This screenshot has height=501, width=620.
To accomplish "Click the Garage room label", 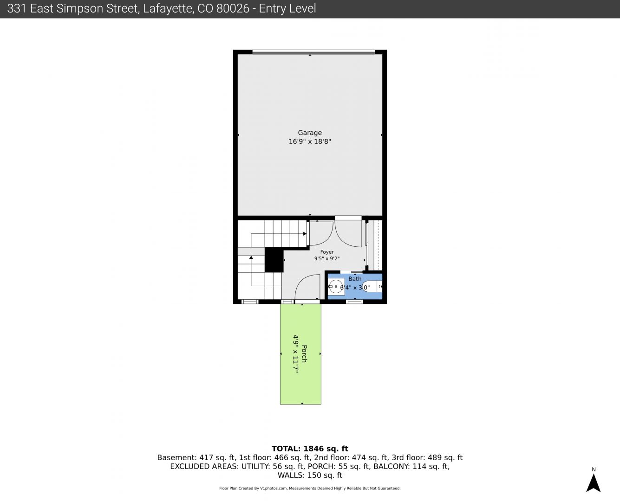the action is tap(310, 133).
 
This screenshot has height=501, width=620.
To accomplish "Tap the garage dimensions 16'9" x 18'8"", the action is tap(310, 141).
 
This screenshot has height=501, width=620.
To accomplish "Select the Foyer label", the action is tap(327, 252).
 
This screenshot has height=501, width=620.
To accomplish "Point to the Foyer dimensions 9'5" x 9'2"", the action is tap(327, 258).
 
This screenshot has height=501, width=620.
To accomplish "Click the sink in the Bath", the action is tap(336, 287).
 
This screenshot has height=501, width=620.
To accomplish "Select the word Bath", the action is tap(355, 278).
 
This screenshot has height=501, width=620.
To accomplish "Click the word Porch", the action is tap(304, 354).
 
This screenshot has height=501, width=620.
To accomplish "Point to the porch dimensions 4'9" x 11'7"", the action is tap(296, 354).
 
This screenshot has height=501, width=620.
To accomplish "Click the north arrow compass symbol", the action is tap(593, 483).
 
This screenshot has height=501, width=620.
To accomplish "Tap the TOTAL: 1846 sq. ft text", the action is tap(310, 449).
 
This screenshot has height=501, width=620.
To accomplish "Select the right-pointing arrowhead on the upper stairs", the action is tap(305, 234).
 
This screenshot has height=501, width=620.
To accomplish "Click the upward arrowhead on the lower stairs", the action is tap(251, 257).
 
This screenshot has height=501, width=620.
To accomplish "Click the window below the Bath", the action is tap(354, 302).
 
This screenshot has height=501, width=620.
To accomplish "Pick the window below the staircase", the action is tap(250, 302).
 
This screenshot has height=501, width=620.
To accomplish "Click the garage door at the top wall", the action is tap(313, 52).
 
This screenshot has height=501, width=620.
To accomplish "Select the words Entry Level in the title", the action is tap(287, 9).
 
